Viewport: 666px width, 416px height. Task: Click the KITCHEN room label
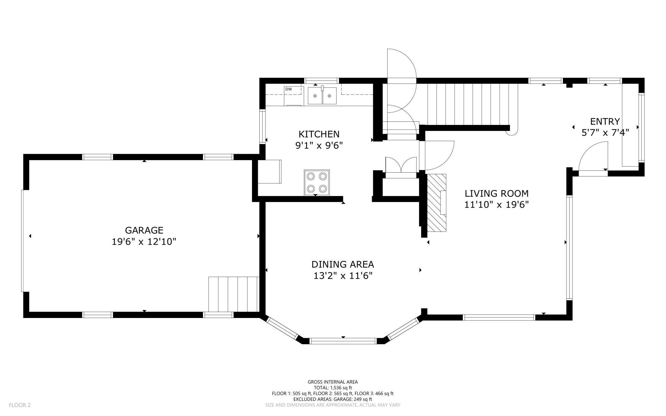(319, 134)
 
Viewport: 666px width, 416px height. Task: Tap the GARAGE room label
(144, 230)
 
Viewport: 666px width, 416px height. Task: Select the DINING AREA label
(343, 264)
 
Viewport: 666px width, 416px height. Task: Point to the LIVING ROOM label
(497, 193)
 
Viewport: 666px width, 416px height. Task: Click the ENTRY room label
(605, 122)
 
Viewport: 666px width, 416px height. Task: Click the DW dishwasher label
(288, 89)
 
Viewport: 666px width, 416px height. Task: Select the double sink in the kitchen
(322, 96)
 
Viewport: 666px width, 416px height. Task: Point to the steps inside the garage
(233, 294)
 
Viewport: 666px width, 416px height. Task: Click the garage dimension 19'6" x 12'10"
(144, 241)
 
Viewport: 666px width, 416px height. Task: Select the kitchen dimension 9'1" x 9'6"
(319, 145)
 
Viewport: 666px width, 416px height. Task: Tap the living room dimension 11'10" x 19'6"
(497, 205)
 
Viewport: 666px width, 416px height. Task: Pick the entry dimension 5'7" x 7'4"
(605, 133)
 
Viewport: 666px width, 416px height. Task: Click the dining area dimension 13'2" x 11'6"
(343, 276)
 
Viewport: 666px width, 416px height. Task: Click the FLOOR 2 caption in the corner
(20, 405)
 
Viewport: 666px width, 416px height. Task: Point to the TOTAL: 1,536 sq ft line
(333, 388)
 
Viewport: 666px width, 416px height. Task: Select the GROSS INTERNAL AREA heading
(333, 382)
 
